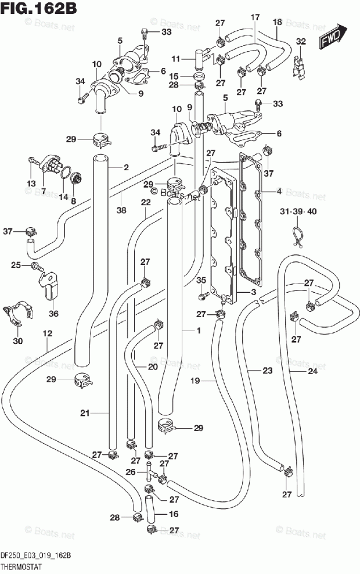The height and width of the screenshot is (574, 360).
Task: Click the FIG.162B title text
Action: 39,8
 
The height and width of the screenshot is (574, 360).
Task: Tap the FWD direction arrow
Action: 333,35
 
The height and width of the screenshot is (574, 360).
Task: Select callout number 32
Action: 301,41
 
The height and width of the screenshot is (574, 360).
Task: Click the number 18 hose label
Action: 278,21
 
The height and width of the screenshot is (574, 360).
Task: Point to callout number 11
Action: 176,59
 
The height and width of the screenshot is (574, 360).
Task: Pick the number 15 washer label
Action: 174,76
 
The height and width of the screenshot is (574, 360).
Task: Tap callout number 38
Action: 121,210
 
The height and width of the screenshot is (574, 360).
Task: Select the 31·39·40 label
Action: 298,211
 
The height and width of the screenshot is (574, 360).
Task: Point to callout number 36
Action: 53,313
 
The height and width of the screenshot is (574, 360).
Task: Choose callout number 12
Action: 47,333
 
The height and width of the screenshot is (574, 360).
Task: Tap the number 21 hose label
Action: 85,413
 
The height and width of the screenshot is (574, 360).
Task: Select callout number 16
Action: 174,514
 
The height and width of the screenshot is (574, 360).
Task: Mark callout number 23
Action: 268,371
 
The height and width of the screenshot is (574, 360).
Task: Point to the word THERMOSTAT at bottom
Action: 21,566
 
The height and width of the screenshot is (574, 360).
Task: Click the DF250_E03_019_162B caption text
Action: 36,555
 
